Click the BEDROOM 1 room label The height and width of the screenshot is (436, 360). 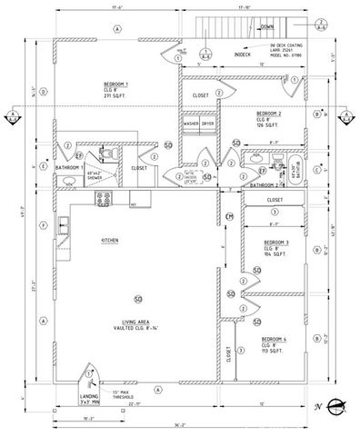click(115, 83)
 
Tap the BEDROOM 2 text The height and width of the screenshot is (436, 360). click(270, 113)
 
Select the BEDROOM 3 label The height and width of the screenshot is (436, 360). click(276, 243)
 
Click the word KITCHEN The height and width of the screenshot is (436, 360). click(111, 240)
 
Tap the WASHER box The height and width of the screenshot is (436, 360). click(191, 124)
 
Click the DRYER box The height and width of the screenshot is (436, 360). click(207, 124)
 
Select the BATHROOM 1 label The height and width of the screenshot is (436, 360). click(69, 168)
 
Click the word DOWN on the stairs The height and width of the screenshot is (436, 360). click(266, 27)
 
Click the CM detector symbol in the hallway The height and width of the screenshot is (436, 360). click(230, 216)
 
